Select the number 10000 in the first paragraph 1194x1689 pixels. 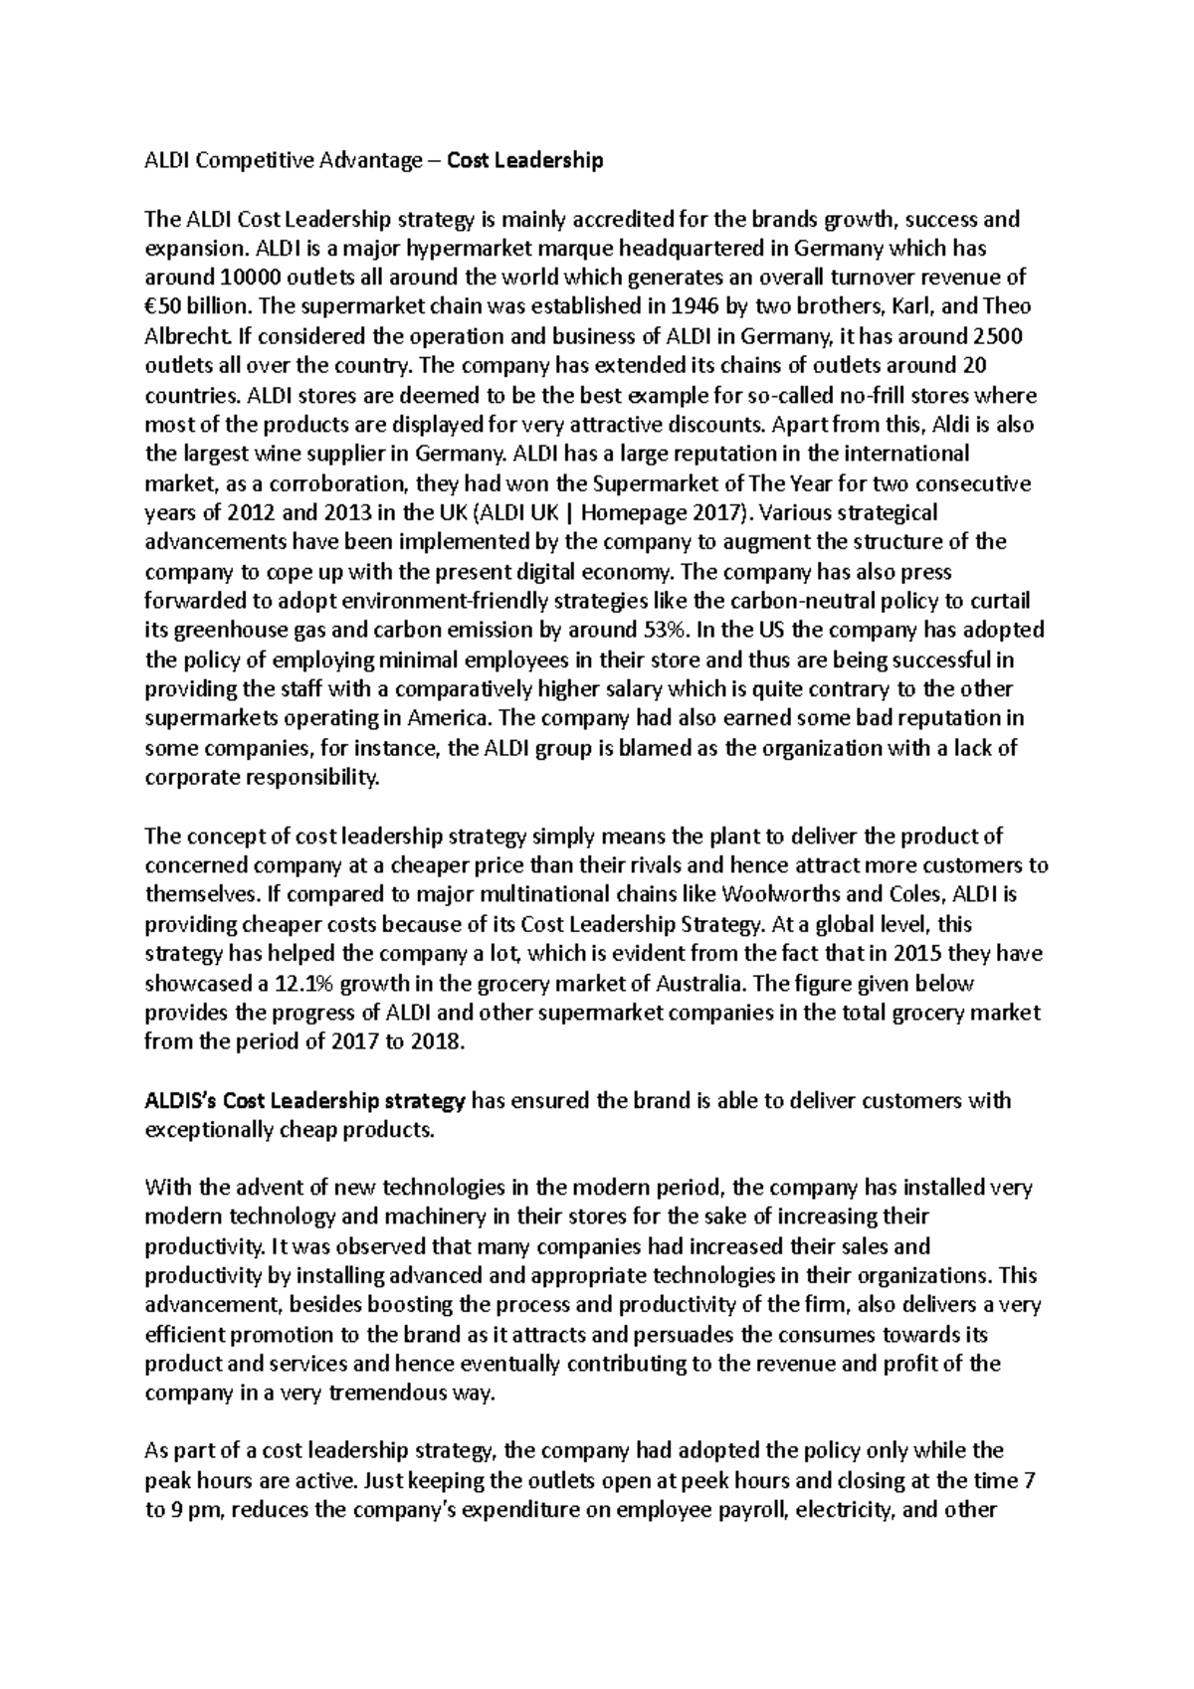[226, 277]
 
